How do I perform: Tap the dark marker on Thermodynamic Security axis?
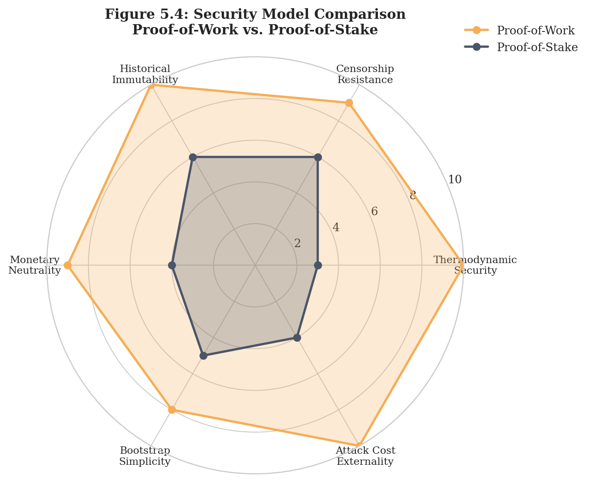[x=318, y=266]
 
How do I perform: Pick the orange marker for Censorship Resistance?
[x=349, y=103]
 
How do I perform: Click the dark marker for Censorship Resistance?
[x=318, y=157]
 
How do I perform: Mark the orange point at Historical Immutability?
[x=151, y=85]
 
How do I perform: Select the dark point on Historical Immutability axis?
[x=193, y=157]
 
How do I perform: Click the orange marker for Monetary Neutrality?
[x=68, y=266]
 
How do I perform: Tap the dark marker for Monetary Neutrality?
[x=172, y=266]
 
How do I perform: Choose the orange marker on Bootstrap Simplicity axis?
[x=172, y=410]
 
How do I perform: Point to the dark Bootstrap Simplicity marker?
[x=203, y=356]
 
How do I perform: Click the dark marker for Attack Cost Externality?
[x=297, y=338]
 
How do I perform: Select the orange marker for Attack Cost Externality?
[x=359, y=446]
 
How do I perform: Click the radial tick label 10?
[x=454, y=179]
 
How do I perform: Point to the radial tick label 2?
[x=297, y=243]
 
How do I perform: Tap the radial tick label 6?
[x=374, y=212]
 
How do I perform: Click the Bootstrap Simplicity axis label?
[x=145, y=456]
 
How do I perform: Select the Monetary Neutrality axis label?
[x=35, y=265]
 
